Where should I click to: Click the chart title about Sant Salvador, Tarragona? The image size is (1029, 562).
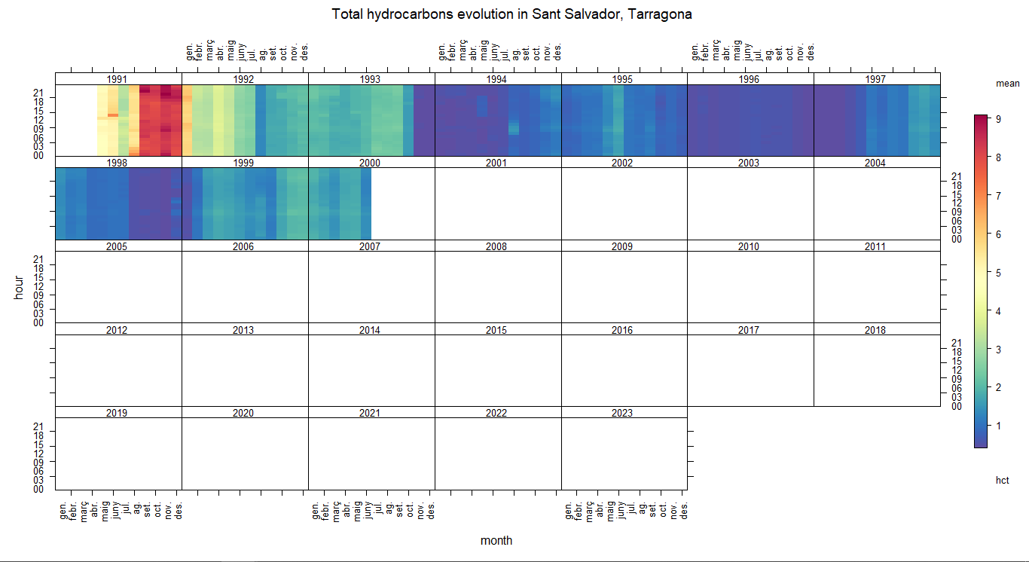tap(511, 14)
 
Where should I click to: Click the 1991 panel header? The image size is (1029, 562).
tap(118, 79)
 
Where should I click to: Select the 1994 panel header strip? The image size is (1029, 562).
tap(497, 79)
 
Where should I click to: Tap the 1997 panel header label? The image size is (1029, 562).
tap(876, 79)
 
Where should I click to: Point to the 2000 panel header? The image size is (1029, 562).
tap(371, 163)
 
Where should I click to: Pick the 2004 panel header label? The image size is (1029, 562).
tap(876, 163)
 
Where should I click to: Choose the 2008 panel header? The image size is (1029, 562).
tap(497, 246)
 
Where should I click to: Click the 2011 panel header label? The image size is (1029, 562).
tap(876, 246)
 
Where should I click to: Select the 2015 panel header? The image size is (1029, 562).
tap(497, 330)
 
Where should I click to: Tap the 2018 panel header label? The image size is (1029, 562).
tap(876, 330)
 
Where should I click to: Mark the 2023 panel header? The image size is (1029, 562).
tap(623, 413)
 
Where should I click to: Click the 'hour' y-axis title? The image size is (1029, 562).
tap(20, 287)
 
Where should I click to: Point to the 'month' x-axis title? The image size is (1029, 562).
tap(496, 540)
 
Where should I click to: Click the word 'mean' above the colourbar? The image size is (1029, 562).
tap(1007, 84)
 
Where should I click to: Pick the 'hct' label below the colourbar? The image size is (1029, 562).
tap(1002, 480)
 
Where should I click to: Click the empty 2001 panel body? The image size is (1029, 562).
tap(497, 203)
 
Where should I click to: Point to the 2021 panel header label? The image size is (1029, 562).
tap(371, 413)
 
